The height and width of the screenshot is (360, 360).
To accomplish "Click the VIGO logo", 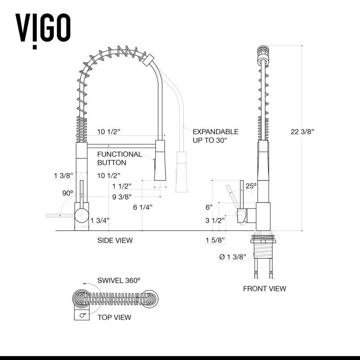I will (43, 28).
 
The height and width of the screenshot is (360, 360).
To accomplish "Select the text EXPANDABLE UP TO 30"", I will (215, 136).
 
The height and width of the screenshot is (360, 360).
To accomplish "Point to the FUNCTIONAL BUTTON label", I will (119, 158).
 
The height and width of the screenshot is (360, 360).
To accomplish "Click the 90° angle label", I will (67, 193).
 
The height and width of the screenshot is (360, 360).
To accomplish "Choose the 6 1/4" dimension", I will (143, 207).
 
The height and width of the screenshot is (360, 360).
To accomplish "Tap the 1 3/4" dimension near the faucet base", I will (99, 220).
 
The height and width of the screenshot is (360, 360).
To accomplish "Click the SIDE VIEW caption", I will (115, 240).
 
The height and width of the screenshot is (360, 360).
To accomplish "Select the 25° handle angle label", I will (251, 185).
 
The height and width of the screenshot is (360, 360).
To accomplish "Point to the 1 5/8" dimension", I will (215, 240).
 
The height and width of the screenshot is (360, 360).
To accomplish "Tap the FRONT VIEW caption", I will (265, 288).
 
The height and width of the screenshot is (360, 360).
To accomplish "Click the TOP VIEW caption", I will (114, 317).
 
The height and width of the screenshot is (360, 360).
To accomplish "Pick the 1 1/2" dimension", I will (121, 186).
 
